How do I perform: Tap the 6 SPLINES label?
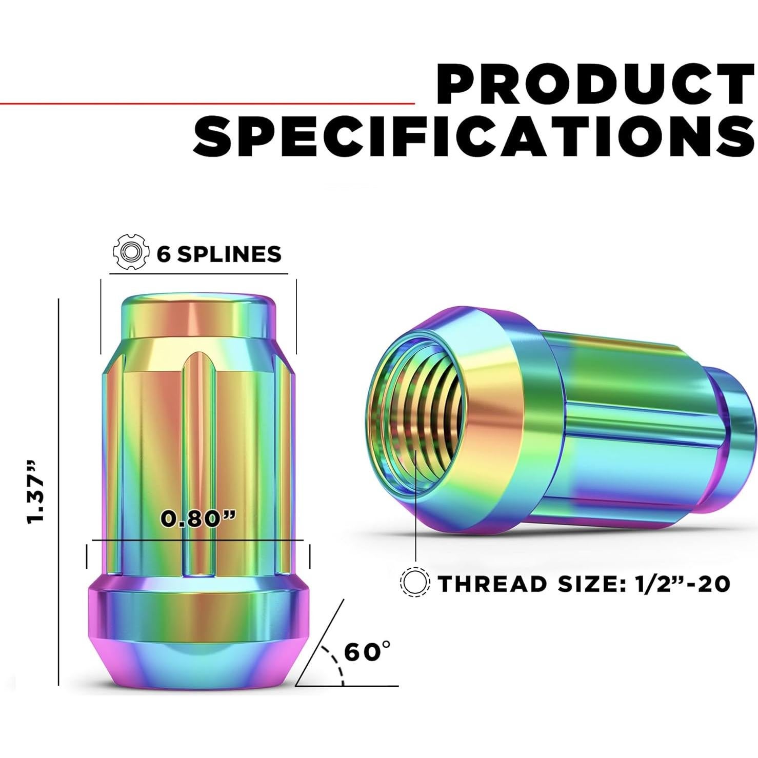click(220, 254)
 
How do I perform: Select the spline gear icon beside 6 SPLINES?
click(129, 252)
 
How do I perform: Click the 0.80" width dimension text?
click(198, 518)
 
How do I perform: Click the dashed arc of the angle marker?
click(336, 663)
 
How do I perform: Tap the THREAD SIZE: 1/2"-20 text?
click(584, 584)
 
